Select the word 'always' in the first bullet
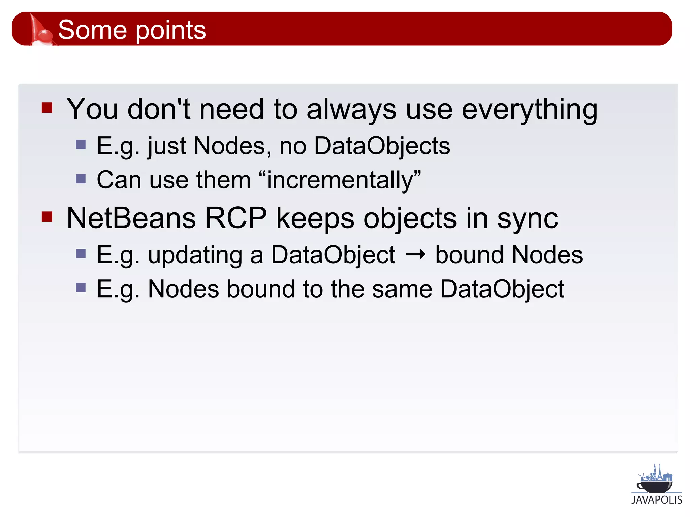coord(351,110)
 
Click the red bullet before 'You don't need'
coord(47,108)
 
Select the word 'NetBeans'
coord(131,218)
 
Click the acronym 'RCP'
coord(236,218)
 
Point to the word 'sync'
coord(528,219)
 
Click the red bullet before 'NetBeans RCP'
coord(47,217)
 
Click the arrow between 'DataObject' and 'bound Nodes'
coord(415,255)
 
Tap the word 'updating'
coord(195,256)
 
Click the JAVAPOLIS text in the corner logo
coord(656,500)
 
